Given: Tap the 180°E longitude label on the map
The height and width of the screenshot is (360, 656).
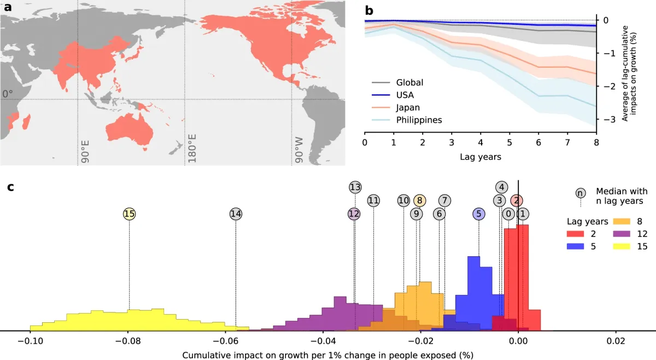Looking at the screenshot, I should click(x=192, y=149).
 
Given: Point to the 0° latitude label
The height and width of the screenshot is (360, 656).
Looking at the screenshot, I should click(x=8, y=94).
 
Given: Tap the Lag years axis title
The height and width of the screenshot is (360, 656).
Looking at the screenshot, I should click(x=481, y=157).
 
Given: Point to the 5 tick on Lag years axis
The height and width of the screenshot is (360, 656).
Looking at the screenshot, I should click(x=509, y=143).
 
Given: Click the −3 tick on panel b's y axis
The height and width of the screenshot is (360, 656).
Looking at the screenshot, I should click(x=605, y=119).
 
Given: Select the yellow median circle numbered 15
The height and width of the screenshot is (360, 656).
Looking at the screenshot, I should click(x=129, y=214).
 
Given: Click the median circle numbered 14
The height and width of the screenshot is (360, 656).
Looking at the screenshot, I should click(x=236, y=214).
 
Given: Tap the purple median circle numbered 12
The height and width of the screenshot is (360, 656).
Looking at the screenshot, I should click(x=354, y=214).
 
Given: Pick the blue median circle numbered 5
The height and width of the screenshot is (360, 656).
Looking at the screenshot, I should click(x=479, y=214).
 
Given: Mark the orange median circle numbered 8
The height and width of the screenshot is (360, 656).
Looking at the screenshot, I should click(x=420, y=200).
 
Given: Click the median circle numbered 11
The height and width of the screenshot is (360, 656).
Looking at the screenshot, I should click(x=373, y=200).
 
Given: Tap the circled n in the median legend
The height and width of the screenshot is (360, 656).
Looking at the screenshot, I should click(x=580, y=192).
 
